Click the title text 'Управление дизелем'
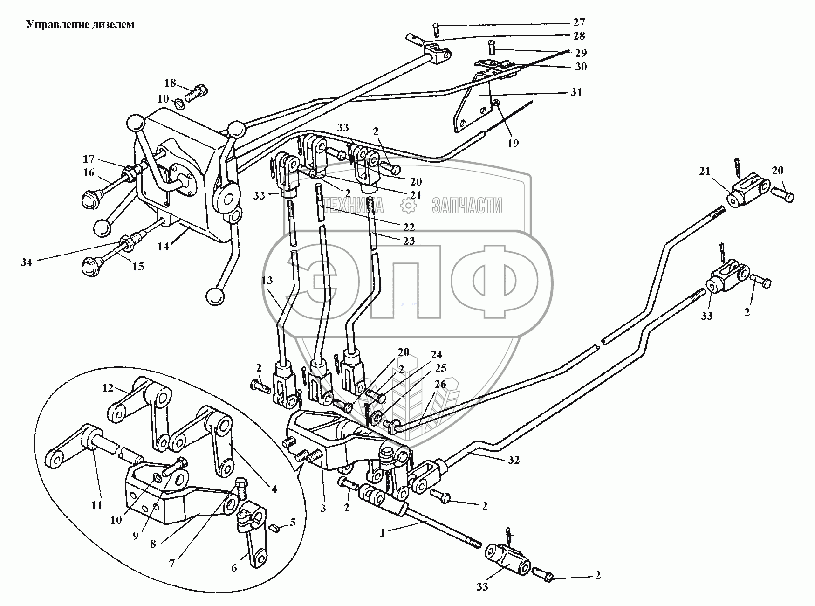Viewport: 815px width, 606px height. coord(80,25)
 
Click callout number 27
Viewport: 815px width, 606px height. coord(579,22)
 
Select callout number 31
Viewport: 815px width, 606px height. coord(576,92)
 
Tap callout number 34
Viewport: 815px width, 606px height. coord(27,262)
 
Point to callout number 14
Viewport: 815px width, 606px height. coord(163,247)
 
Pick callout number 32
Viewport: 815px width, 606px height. coord(514,460)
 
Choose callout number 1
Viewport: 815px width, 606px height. coord(382,533)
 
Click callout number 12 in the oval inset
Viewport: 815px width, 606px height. coord(108,388)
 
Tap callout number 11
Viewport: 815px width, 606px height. coord(96,505)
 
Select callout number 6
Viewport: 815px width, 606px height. coord(234,567)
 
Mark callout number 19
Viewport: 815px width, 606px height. coord(513,143)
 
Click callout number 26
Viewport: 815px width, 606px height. coord(440,385)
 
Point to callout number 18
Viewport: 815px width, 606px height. coord(170,83)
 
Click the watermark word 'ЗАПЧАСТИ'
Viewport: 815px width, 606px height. coord(467,205)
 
